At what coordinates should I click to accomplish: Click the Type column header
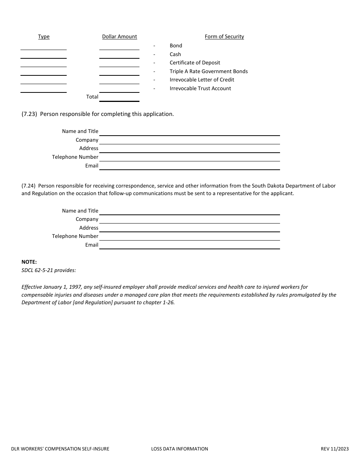44,37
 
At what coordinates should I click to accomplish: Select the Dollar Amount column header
119,37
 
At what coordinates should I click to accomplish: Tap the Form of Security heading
224,37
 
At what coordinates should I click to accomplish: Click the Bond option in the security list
176,45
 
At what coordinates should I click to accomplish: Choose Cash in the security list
175,54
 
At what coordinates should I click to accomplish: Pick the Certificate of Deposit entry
195,63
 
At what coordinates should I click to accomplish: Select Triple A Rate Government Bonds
208,71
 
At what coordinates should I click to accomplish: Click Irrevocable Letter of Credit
202,80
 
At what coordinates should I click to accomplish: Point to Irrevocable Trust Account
200,88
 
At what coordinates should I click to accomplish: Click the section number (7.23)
29,114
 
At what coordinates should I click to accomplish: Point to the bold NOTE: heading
29,262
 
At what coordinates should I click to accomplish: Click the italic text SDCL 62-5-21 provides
49,270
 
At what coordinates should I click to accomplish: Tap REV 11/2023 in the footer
335,449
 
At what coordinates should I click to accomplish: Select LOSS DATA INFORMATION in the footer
179,449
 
